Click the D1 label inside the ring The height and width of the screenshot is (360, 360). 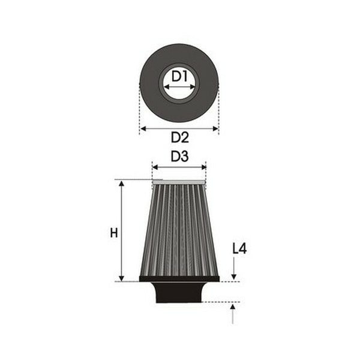[x=179, y=76]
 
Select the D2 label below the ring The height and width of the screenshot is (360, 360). [x=179, y=137]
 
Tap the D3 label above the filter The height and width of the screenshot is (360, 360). [x=179, y=157]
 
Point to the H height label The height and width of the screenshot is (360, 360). [x=114, y=233]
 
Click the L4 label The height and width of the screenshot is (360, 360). [x=239, y=248]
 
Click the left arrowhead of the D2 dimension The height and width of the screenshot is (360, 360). [x=142, y=128]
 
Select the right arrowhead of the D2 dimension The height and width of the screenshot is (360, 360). [x=216, y=128]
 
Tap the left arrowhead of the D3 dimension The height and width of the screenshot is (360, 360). [x=154, y=167]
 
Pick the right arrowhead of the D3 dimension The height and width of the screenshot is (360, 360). [x=204, y=167]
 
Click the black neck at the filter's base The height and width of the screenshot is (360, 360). [x=179, y=292]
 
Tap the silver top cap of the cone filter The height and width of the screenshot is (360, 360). [x=179, y=182]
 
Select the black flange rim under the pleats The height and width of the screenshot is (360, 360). [x=179, y=279]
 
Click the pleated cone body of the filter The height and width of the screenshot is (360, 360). [x=179, y=231]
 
